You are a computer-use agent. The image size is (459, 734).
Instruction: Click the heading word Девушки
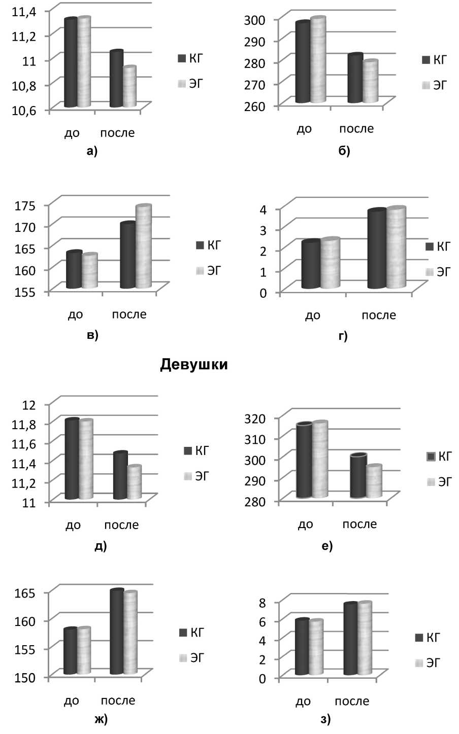pyautogui.click(x=193, y=365)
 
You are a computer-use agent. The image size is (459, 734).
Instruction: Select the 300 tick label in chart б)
pyautogui.click(x=269, y=19)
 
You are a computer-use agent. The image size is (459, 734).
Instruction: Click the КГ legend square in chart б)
pyautogui.click(x=426, y=60)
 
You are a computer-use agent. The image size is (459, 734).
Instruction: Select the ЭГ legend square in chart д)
pyautogui.click(x=188, y=476)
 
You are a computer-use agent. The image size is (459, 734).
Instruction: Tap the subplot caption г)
pyautogui.click(x=343, y=335)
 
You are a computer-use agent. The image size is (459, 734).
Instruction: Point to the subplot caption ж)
pyautogui.click(x=100, y=719)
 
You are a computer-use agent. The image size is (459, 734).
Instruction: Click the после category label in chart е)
pyautogui.click(x=359, y=524)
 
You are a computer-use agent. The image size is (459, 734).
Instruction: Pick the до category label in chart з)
pyautogui.click(x=303, y=702)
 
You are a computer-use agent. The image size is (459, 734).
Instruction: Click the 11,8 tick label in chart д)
pyautogui.click(x=24, y=423)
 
